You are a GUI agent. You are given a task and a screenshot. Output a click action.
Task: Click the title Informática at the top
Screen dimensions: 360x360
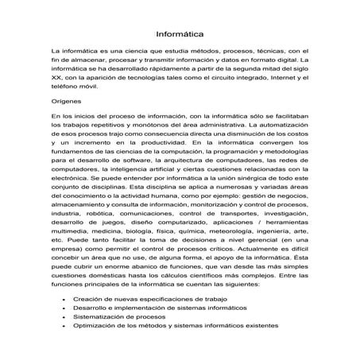pyautogui.click(x=179, y=35)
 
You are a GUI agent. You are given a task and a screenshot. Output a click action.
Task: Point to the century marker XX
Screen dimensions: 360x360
pyautogui.click(x=55, y=80)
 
